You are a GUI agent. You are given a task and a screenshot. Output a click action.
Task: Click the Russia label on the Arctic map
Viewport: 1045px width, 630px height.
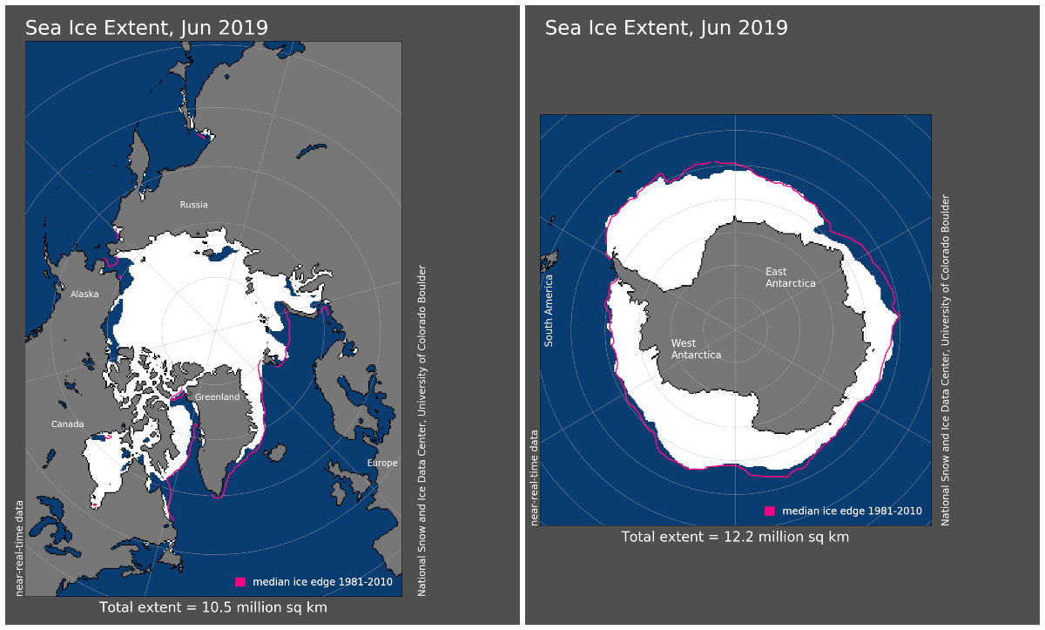click(193, 205)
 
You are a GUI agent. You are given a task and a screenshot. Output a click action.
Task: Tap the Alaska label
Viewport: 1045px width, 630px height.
click(84, 294)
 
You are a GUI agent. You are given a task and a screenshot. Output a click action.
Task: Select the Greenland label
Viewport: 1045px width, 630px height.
click(217, 397)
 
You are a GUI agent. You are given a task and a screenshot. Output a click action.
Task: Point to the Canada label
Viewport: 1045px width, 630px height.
click(67, 424)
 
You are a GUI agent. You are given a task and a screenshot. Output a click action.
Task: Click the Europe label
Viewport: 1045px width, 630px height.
click(382, 463)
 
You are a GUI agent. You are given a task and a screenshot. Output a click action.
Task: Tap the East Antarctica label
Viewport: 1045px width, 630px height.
click(791, 277)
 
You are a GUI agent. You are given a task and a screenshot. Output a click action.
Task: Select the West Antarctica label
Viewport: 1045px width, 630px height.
click(696, 349)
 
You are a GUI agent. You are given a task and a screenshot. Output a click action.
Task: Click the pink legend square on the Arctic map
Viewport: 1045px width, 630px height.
click(240, 581)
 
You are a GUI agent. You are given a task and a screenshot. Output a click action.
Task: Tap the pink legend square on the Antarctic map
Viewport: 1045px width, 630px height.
click(769, 511)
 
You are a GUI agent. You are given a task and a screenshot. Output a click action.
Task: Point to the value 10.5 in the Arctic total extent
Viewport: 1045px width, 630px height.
click(214, 606)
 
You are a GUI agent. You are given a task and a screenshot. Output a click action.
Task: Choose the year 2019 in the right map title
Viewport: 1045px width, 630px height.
click(764, 29)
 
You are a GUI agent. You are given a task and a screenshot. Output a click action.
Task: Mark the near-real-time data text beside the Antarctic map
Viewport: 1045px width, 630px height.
click(535, 477)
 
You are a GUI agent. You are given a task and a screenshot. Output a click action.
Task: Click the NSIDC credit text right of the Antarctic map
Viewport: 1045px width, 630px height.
click(946, 359)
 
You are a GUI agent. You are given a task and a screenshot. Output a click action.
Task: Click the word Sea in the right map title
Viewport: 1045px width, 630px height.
click(563, 29)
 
